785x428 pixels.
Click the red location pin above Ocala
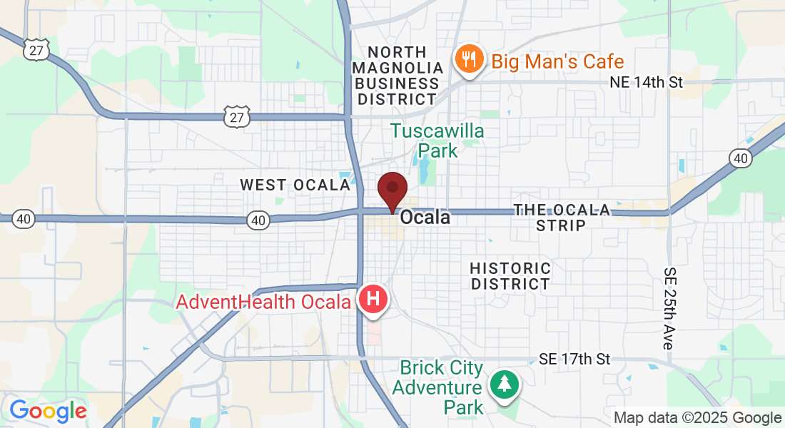point(392,190)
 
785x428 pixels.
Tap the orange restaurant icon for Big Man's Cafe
point(469,60)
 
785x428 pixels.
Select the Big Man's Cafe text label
point(557,61)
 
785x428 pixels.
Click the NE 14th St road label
point(647,82)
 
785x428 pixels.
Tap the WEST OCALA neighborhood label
point(295,185)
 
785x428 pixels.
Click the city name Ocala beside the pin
point(425,218)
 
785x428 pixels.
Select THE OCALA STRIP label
point(562,218)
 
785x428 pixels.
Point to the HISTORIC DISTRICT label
point(510,276)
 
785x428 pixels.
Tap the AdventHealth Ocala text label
point(265,302)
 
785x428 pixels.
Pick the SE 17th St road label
point(575,359)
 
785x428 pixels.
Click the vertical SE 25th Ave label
point(669,308)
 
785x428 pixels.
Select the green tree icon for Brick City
point(505,384)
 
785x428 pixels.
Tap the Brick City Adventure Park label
point(441,387)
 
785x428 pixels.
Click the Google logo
point(48,411)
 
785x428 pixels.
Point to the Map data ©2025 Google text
point(698,418)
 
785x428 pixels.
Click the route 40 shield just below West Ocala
point(258,221)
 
